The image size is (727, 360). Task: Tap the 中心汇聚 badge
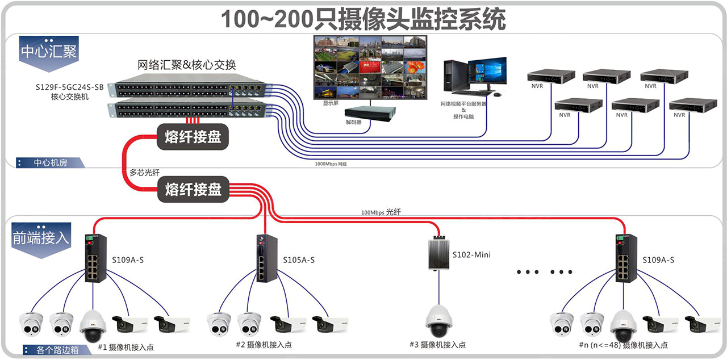tap(48, 52)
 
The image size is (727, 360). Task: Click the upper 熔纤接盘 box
tap(193, 137)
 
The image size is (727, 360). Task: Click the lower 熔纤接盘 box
tap(193, 189)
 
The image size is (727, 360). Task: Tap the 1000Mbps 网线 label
tap(330, 164)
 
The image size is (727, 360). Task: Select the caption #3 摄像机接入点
tap(437, 345)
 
